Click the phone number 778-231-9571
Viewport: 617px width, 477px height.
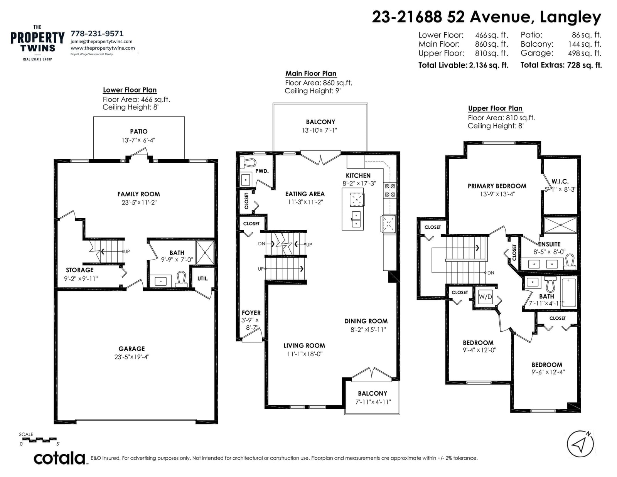coord(97,34)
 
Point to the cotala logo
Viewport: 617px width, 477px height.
coord(60,458)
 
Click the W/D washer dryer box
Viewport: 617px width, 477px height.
coord(485,297)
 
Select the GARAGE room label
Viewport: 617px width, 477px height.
coord(132,348)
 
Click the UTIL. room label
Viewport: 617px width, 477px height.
coord(203,278)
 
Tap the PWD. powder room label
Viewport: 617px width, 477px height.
coord(262,171)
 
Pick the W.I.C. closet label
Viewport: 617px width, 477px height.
coord(560,182)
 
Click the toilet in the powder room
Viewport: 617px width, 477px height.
coord(248,163)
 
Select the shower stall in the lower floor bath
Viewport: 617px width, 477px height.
coord(205,253)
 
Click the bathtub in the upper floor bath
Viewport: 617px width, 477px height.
coord(569,292)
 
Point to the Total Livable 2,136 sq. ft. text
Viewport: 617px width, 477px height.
coord(463,65)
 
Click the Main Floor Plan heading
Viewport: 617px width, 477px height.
coord(311,74)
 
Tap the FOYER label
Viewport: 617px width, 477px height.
coord(251,313)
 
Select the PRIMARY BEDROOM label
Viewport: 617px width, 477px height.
coord(497,186)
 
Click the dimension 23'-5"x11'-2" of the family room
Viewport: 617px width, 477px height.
coord(139,202)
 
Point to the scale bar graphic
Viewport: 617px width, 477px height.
coord(38,440)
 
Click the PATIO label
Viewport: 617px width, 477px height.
coord(139,131)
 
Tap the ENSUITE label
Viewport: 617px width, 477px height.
coord(550,244)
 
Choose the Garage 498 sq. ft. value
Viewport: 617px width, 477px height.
coord(585,53)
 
